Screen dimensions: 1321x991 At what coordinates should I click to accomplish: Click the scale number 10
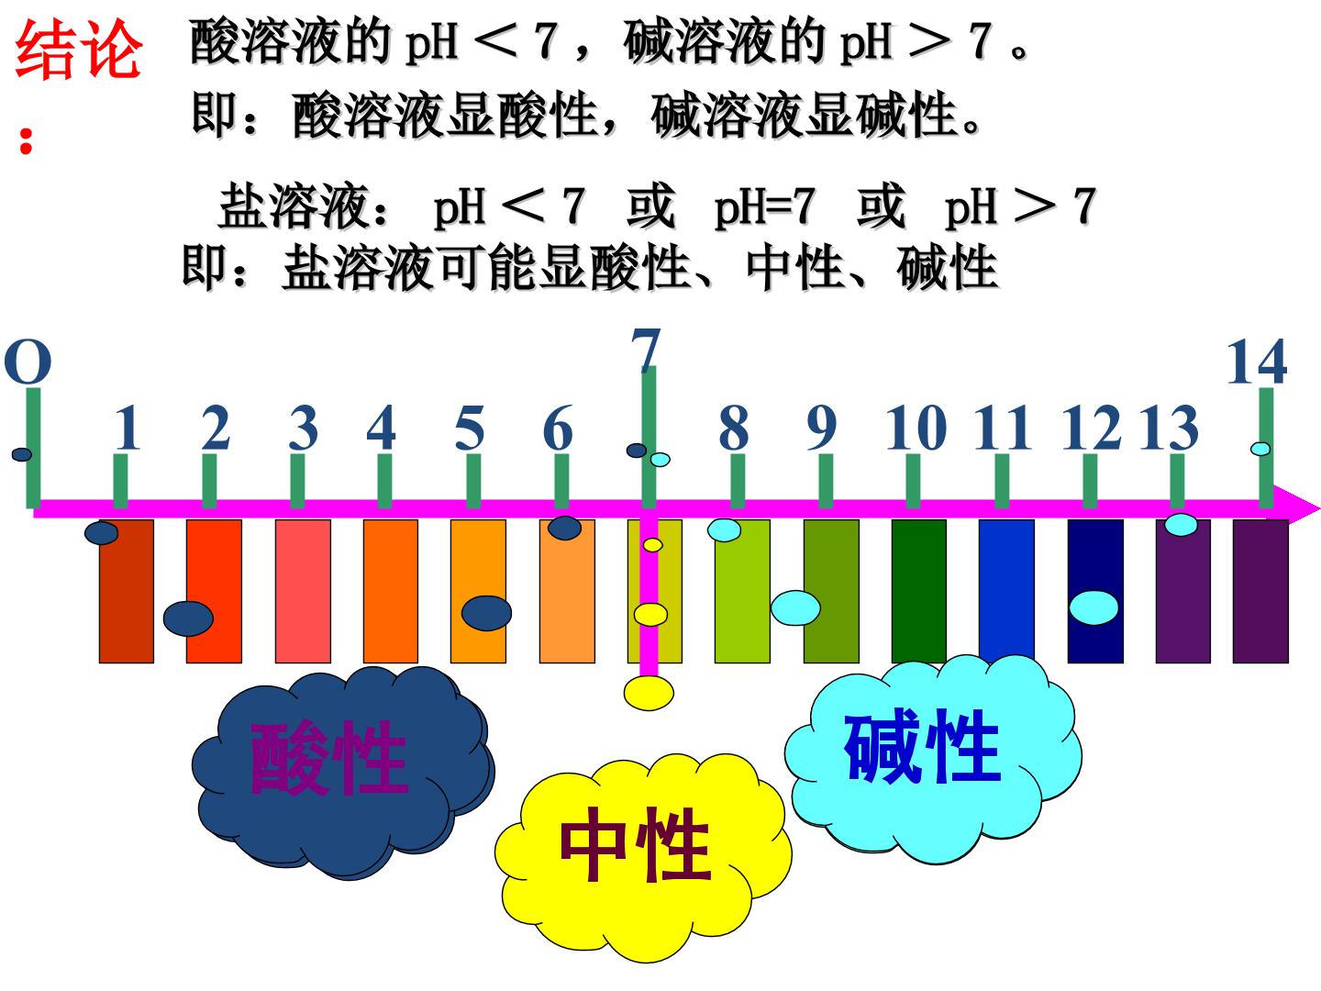pos(916,428)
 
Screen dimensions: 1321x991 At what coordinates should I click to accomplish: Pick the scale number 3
pos(304,428)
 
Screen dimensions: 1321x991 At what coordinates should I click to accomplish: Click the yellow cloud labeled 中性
pos(643,857)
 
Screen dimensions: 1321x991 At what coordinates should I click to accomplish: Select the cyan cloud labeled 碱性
pos(933,760)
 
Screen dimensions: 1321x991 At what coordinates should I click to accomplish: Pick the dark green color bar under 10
pos(918,591)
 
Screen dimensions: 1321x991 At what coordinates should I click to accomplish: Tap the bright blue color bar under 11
pos(1006,591)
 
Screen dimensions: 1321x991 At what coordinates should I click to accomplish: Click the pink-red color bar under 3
pos(303,591)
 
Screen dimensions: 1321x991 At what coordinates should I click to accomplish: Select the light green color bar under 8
pos(742,591)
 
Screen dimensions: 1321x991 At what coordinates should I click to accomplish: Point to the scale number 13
pos(1169,428)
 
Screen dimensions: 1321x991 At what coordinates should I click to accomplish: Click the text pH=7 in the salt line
pos(764,207)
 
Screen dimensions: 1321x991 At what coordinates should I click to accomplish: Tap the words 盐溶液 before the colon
pos(293,206)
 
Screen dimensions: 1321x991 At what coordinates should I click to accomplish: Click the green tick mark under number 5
pos(473,480)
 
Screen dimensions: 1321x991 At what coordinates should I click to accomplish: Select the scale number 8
pos(734,428)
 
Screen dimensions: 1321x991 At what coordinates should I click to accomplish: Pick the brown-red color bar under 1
pos(127,591)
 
